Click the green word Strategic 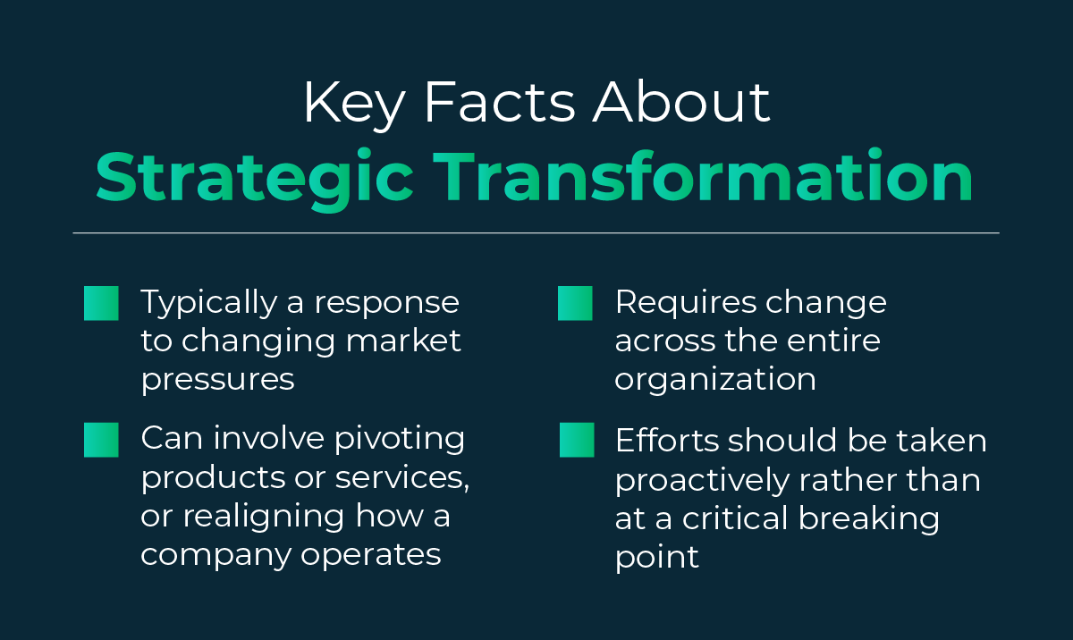coord(254,179)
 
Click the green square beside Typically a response coord(101,304)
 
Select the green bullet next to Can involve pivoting coord(101,440)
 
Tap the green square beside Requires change coord(575,304)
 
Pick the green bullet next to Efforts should coord(577,440)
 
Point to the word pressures coord(217,380)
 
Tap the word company coord(215,555)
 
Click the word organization coord(715,380)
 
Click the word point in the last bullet coord(656,557)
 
